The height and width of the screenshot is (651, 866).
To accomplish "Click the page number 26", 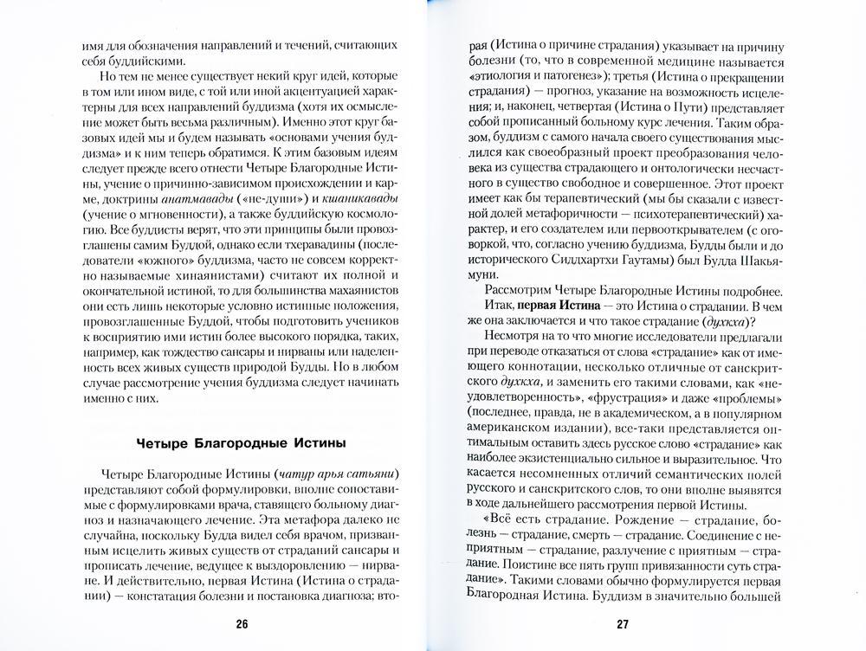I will (242, 625).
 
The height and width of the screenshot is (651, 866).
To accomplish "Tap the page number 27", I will (623, 625).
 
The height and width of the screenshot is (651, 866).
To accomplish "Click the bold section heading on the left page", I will (242, 444).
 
